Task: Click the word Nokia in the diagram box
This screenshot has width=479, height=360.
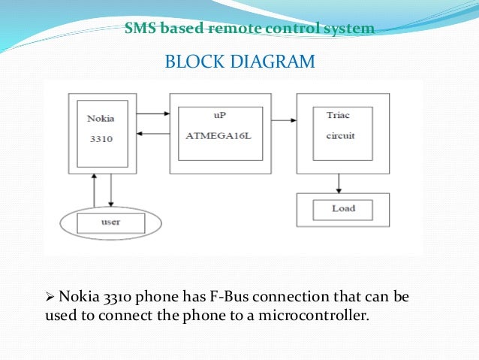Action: [x=101, y=119]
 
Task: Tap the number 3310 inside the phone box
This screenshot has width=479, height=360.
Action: [x=100, y=139]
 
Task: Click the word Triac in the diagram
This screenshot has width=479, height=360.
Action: [x=338, y=115]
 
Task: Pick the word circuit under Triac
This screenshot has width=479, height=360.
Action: [x=339, y=138]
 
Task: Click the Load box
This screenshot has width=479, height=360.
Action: [x=343, y=208]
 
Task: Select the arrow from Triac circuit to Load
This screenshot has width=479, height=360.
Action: [x=339, y=182]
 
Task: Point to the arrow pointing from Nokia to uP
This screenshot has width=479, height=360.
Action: [x=154, y=114]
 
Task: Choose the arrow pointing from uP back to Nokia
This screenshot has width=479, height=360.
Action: [x=154, y=134]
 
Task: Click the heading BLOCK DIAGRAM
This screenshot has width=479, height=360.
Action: [x=239, y=62]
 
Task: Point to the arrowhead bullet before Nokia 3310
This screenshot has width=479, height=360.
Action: [x=51, y=297]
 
